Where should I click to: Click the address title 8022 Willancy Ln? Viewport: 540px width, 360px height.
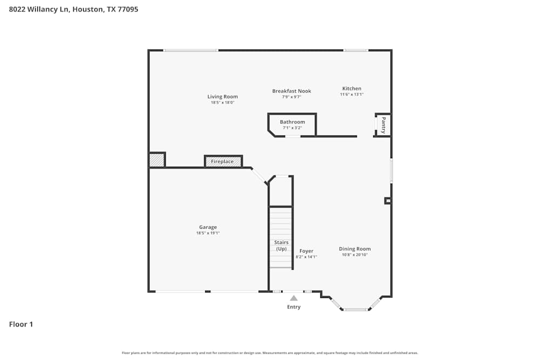tap(73, 9)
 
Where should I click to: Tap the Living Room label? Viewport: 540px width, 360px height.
tap(222, 97)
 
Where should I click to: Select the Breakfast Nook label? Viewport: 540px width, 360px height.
tap(292, 91)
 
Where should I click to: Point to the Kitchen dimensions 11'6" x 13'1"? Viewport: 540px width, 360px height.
tap(352, 94)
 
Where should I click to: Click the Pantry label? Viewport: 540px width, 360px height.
tap(383, 125)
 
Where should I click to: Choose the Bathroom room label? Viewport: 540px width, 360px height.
tap(292, 122)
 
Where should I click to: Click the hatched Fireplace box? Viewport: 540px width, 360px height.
tap(223, 161)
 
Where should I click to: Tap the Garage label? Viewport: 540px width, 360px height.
tap(208, 227)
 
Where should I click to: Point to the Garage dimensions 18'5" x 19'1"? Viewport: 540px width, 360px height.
tap(208, 233)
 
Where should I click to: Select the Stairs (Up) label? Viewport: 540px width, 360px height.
tap(281, 246)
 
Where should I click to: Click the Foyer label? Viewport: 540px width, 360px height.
tap(306, 251)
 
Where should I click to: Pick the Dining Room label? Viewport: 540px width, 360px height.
tap(355, 249)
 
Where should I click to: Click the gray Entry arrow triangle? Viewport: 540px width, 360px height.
tap(294, 298)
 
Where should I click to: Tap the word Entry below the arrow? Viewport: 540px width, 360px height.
tap(294, 307)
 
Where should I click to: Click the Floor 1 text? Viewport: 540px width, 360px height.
tap(21, 324)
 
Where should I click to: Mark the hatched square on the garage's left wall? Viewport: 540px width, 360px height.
tap(157, 160)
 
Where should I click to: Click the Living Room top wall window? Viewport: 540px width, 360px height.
tap(191, 50)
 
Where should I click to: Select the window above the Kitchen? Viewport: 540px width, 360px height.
tap(356, 50)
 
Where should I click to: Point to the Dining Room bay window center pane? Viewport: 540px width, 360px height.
tap(356, 310)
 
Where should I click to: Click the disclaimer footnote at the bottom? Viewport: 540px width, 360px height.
tap(270, 353)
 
